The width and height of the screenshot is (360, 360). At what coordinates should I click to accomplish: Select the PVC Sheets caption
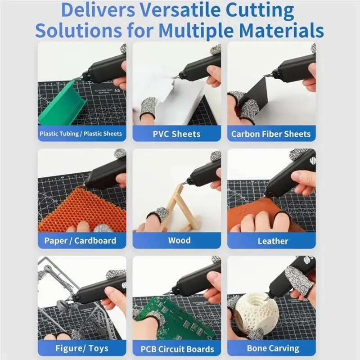pyautogui.click(x=176, y=134)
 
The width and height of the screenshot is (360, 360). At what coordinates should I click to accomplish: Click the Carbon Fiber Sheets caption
pyautogui.click(x=271, y=134)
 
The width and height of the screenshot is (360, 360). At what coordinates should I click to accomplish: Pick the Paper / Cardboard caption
pyautogui.click(x=81, y=241)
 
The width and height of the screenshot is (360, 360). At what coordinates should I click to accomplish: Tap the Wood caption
pyautogui.click(x=179, y=240)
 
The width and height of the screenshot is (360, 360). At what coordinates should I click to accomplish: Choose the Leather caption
pyautogui.click(x=273, y=241)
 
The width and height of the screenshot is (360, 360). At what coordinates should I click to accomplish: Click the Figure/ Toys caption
pyautogui.click(x=82, y=348)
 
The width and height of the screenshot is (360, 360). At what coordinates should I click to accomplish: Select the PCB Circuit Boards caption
pyautogui.click(x=177, y=349)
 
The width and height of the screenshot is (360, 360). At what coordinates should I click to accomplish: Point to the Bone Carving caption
pyautogui.click(x=273, y=348)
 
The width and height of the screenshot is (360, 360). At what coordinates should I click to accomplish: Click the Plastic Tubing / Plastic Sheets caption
pyautogui.click(x=81, y=134)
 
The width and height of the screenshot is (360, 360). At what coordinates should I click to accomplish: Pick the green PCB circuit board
pyautogui.click(x=175, y=319)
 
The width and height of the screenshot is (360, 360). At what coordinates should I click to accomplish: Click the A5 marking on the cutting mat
pyautogui.click(x=117, y=90)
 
